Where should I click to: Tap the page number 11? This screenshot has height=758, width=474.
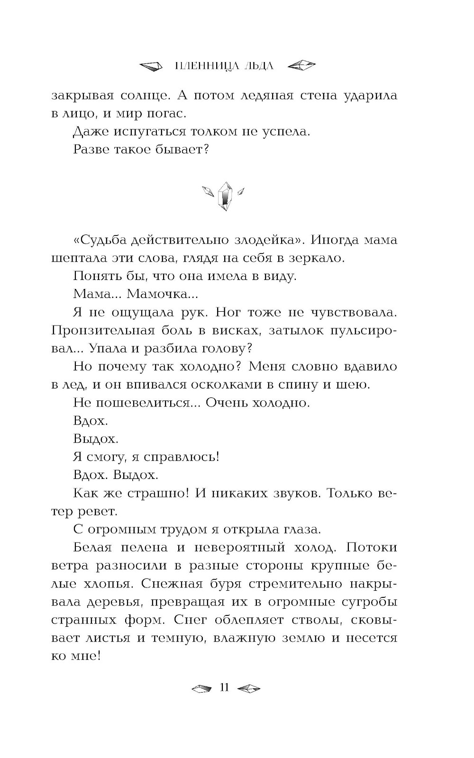[x=225, y=687]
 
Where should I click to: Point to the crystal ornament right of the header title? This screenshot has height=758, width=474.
[x=301, y=66]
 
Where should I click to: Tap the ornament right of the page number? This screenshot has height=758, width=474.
[x=248, y=688]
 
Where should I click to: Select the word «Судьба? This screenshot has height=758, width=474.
[x=100, y=240]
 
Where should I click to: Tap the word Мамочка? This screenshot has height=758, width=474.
[x=163, y=294]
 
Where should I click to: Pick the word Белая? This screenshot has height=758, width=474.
[x=93, y=547]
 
